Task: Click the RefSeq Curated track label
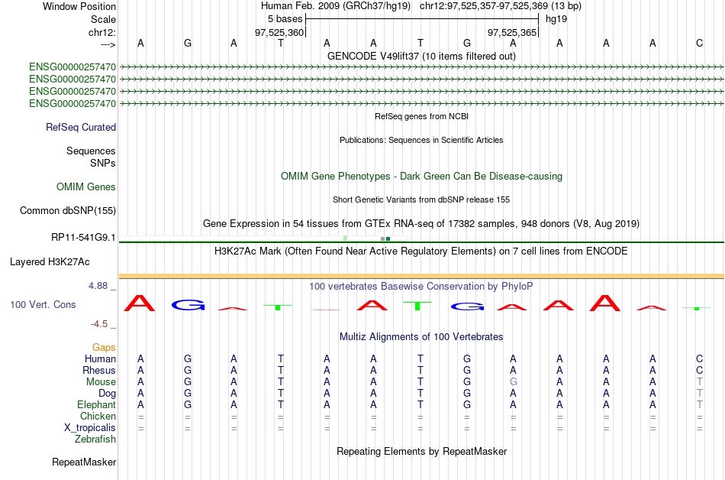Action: (81, 128)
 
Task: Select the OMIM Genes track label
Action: (86, 187)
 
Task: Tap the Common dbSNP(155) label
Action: (68, 211)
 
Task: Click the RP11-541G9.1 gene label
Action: (83, 238)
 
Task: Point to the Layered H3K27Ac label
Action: (50, 262)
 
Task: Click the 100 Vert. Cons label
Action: (43, 304)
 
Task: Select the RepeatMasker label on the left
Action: (84, 462)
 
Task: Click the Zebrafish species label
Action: (95, 439)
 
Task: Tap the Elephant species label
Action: (97, 404)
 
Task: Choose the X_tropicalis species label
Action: (90, 428)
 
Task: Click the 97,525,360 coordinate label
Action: (279, 32)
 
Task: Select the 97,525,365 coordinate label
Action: (512, 32)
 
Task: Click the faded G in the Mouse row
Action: (514, 382)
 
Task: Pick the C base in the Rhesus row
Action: (700, 370)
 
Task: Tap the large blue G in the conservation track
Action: (188, 305)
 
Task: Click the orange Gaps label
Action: (104, 348)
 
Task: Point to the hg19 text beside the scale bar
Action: (556, 19)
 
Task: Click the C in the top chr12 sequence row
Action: (700, 43)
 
